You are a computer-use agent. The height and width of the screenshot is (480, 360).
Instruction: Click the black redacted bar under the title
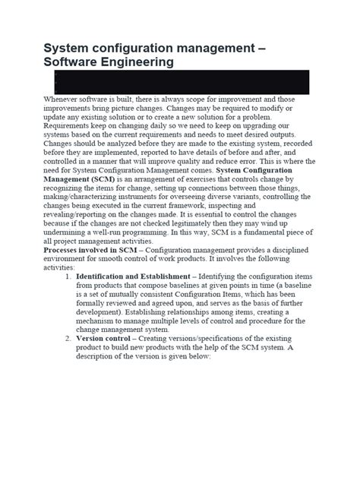tap(182, 81)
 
